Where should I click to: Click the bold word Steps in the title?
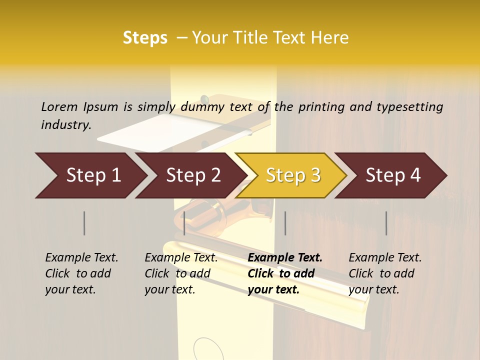coord(145,38)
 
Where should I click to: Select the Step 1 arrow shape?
coord(90,175)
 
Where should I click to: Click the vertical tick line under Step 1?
coord(84,223)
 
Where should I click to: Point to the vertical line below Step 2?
coord(184,223)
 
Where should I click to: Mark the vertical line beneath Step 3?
coord(285,223)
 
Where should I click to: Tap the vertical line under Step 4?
coord(386,223)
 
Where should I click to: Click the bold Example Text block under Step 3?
coord(285,273)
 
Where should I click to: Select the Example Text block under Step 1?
coord(81,273)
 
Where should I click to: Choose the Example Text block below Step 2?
coord(181,273)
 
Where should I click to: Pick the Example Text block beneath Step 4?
coord(385,273)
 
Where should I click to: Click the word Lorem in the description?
coord(59,106)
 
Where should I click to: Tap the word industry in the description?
coord(66,125)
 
